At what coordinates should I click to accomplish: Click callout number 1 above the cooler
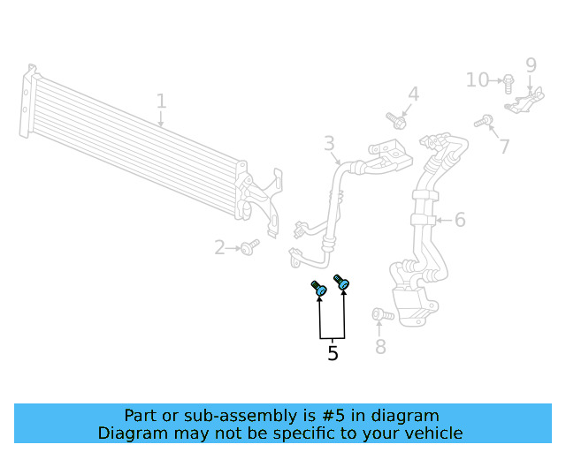(x=161, y=102)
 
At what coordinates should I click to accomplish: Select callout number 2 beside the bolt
(x=219, y=248)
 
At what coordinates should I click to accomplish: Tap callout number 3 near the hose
(x=329, y=143)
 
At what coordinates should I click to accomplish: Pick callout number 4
(x=413, y=94)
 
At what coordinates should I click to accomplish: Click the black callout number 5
(x=333, y=353)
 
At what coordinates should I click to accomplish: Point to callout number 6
(x=460, y=219)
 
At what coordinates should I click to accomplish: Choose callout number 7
(x=504, y=147)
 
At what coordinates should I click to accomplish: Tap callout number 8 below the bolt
(x=380, y=347)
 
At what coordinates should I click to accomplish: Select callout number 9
(x=531, y=65)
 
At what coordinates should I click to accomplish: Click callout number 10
(x=478, y=80)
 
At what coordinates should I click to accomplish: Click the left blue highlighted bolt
(x=318, y=289)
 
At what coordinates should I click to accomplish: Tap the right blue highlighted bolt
(x=342, y=282)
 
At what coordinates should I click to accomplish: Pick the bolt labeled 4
(x=396, y=119)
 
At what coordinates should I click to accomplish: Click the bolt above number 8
(x=379, y=314)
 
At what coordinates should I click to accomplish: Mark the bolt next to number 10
(x=508, y=83)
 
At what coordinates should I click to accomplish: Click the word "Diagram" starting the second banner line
(x=131, y=433)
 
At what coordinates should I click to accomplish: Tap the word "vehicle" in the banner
(x=431, y=433)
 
